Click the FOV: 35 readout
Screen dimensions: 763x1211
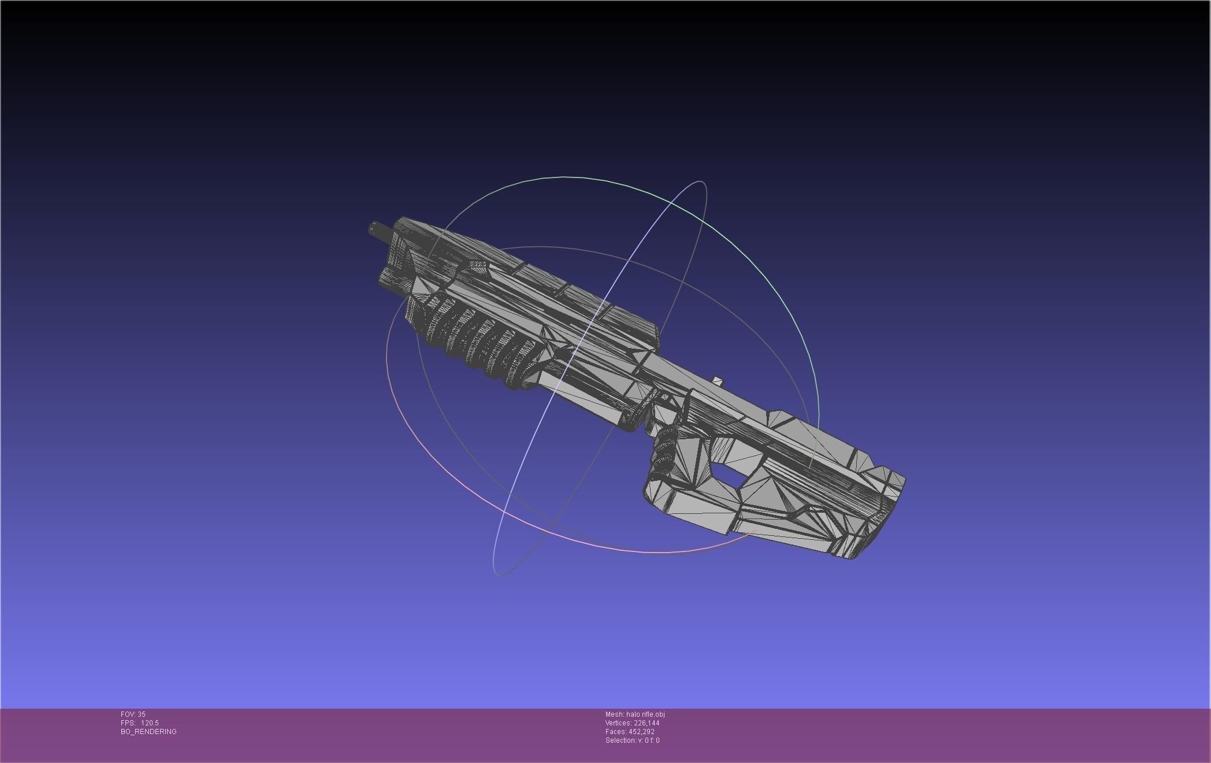coord(133,714)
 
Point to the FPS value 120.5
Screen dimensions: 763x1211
coord(150,723)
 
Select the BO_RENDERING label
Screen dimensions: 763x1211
coord(148,732)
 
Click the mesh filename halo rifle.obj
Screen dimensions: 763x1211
coord(645,714)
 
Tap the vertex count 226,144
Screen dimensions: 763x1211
coord(647,723)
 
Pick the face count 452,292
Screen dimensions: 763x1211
coord(641,732)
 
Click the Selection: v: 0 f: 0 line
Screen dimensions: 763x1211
coord(632,740)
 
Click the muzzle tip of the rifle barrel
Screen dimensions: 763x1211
coord(372,229)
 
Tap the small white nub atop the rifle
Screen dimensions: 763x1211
coord(718,380)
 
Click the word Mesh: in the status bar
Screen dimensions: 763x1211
coord(615,714)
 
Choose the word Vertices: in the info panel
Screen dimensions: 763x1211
coord(618,723)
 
